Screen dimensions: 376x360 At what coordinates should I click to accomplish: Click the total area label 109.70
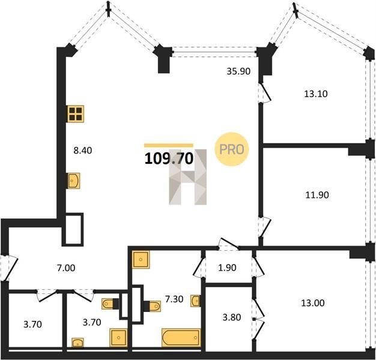(169, 158)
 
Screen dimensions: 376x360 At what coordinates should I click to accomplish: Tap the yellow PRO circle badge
(232, 149)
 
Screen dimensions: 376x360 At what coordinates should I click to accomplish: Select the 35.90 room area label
(238, 71)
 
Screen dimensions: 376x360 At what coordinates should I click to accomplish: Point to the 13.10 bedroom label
(316, 94)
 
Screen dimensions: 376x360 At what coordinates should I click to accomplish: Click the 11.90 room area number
(317, 195)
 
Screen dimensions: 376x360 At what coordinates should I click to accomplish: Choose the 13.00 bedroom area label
(313, 303)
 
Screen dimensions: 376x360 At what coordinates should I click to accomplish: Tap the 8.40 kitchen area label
(83, 151)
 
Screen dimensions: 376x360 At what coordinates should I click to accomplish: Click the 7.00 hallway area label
(66, 268)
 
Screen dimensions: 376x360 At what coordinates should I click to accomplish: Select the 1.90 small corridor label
(227, 268)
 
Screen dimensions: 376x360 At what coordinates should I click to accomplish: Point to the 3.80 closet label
(232, 317)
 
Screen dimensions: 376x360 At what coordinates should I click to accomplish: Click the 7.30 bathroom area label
(174, 299)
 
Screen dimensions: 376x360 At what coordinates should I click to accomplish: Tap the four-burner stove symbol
(76, 114)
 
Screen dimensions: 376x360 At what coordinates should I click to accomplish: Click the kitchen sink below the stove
(74, 181)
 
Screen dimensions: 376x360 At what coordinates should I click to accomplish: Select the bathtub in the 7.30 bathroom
(181, 337)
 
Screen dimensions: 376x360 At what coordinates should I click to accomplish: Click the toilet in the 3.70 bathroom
(111, 304)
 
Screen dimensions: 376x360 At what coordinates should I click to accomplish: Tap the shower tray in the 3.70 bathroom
(118, 337)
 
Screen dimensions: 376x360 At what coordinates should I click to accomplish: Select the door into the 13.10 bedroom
(264, 92)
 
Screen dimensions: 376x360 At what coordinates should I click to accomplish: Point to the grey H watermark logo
(188, 177)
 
